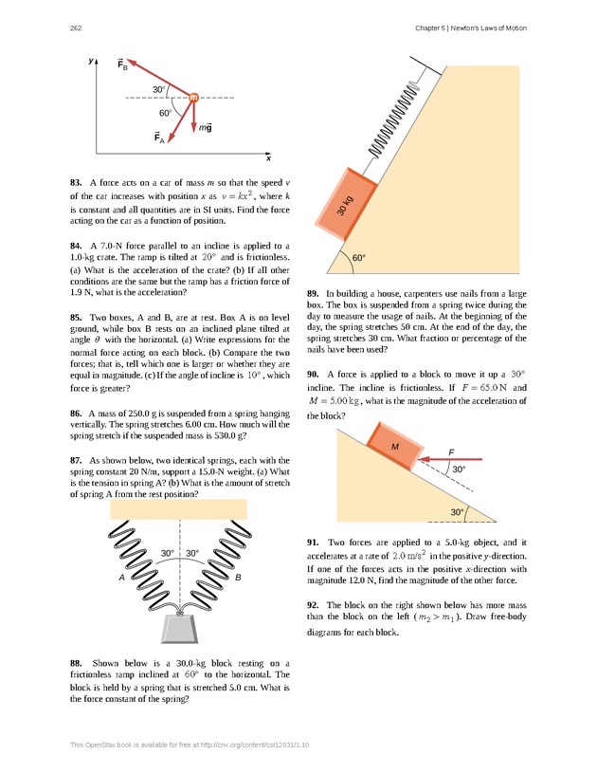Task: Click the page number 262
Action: point(75,28)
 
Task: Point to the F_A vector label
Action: point(159,138)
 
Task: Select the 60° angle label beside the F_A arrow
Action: point(165,113)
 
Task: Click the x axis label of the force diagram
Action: point(268,158)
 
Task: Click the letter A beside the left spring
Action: point(122,577)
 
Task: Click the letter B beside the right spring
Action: point(238,577)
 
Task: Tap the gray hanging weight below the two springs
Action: point(179,627)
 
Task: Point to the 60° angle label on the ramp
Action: point(358,257)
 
